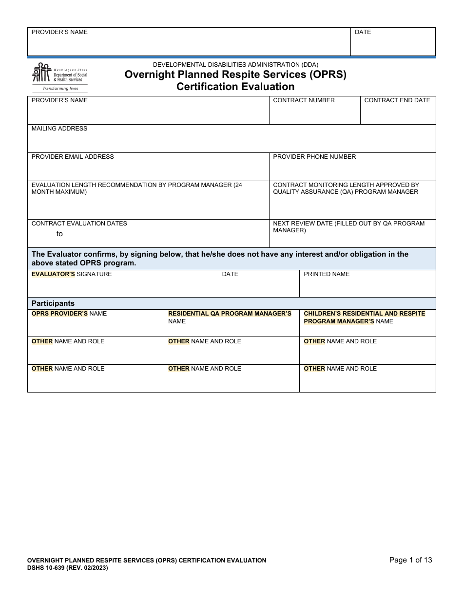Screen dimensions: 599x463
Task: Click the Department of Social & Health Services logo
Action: [x=59, y=74]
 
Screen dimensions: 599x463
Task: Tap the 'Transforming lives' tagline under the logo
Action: [x=60, y=89]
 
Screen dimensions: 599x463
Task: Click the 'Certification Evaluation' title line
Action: [x=235, y=87]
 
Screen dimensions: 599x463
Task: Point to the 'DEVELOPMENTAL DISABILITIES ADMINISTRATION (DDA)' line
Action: [x=235, y=64]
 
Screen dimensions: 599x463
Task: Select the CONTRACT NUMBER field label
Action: [x=304, y=100]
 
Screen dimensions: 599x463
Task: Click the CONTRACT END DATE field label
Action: [x=397, y=100]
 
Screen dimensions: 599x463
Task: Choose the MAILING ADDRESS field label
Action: [x=59, y=129]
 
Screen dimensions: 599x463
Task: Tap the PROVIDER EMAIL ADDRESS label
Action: [x=73, y=157]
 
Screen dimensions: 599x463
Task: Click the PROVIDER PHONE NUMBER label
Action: [x=314, y=157]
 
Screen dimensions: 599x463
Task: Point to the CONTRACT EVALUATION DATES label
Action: [x=79, y=224]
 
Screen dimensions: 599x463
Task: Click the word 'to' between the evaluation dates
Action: [x=59, y=234]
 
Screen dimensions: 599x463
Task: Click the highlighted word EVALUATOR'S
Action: [x=53, y=274]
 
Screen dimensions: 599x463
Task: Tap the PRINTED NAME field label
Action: [x=327, y=274]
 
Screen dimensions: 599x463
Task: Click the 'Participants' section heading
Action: [x=53, y=303]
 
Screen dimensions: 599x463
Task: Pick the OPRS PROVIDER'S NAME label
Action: [x=69, y=314]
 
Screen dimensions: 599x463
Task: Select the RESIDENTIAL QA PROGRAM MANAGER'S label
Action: [x=230, y=314]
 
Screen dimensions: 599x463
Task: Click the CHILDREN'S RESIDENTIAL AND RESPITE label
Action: [x=364, y=314]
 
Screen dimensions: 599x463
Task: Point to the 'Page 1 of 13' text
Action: [x=410, y=560]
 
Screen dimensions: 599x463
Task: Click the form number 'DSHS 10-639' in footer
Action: [x=49, y=568]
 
